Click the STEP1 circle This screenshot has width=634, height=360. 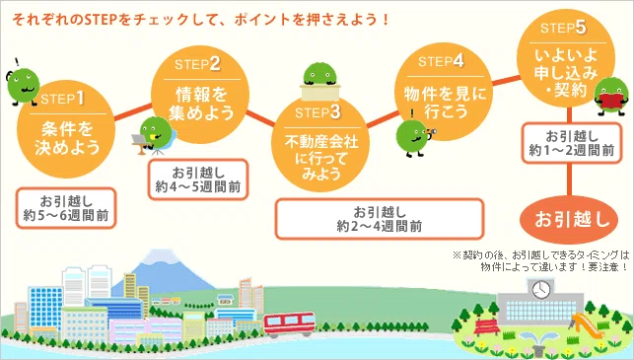click(66, 129)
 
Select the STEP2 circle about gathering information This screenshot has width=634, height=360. click(200, 95)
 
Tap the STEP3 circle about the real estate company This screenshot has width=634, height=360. click(320, 144)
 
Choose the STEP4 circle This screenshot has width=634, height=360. click(444, 92)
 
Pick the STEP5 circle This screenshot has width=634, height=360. click(566, 58)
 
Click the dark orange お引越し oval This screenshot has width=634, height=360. click(569, 220)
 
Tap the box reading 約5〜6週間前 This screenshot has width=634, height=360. click(66, 208)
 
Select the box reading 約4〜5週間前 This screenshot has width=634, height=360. click(198, 180)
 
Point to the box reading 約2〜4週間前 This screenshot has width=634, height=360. click(380, 219)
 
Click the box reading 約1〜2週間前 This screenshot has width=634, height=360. click(571, 143)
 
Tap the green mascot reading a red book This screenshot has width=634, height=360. click(611, 97)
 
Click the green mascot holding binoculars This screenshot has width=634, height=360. click(414, 137)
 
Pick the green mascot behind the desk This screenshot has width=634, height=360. click(320, 82)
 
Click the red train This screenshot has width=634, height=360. click(290, 324)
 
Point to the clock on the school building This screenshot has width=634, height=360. click(541, 290)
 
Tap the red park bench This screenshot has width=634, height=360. click(486, 326)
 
